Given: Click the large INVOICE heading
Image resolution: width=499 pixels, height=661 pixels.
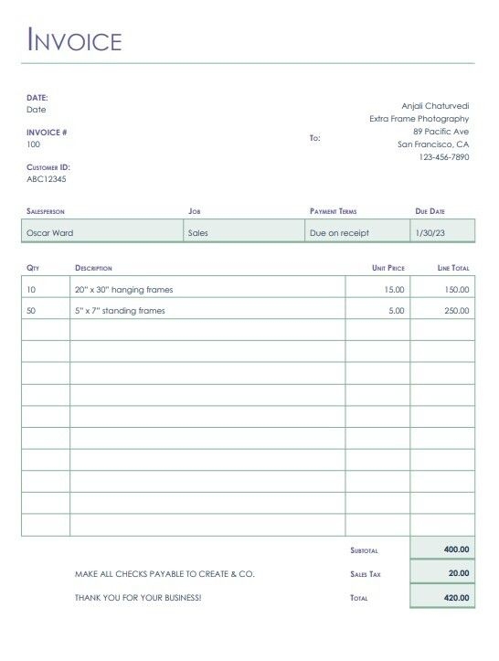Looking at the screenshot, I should coord(75,41).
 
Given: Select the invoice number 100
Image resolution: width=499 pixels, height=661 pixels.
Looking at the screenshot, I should coord(34,144).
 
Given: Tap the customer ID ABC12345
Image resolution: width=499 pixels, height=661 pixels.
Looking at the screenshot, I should coord(47,179).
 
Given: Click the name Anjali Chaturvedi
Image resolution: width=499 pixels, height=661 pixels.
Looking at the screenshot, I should coord(435,106).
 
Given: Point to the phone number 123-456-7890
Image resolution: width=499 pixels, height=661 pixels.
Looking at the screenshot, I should coord(444,157).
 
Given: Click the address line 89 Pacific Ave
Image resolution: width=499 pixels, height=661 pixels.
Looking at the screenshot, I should coord(441,132).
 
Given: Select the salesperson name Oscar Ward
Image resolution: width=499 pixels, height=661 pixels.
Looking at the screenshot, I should coord(50,233).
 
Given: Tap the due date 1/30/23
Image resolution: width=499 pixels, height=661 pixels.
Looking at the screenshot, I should coord(430,233).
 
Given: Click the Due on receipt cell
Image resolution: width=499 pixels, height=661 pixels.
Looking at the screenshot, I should coord(339,233).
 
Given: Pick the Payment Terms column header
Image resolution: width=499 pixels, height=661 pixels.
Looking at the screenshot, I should coord(333,211).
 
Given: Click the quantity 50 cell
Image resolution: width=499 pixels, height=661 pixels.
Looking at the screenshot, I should coord(32,311).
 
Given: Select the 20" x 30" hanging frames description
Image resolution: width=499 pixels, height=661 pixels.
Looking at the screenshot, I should coord(123,290).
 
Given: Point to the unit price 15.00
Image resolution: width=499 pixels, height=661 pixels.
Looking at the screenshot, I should coord(394,290).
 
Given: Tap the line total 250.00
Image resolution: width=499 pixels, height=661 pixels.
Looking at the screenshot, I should coord(457,311).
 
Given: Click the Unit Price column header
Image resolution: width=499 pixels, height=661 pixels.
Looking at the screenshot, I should coord(388,268).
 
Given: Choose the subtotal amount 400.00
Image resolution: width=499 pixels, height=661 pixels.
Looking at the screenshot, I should coord(456,549).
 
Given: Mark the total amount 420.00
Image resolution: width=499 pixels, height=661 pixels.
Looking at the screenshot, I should coord(456,598).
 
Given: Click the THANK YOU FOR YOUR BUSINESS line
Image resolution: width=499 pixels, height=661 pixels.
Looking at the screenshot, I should coord(138,598).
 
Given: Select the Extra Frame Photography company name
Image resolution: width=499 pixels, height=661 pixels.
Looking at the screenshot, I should coord(419,119).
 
